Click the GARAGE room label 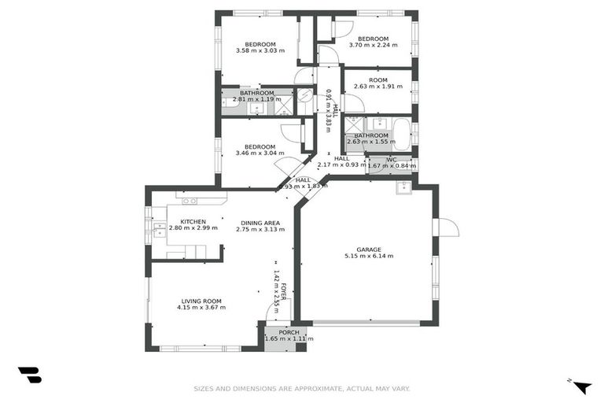coord(368,250)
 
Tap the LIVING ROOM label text coord(201,301)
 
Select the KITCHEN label coord(193,222)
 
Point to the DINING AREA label coord(260,223)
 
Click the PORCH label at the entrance coord(289,332)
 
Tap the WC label coord(391,160)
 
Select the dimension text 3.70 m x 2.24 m coord(373,46)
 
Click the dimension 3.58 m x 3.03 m coord(260,51)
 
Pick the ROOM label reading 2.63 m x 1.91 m coord(377,80)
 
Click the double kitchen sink coord(160,229)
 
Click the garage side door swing coord(447,227)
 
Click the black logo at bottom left coord(29,375)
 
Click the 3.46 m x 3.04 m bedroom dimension coord(259,153)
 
